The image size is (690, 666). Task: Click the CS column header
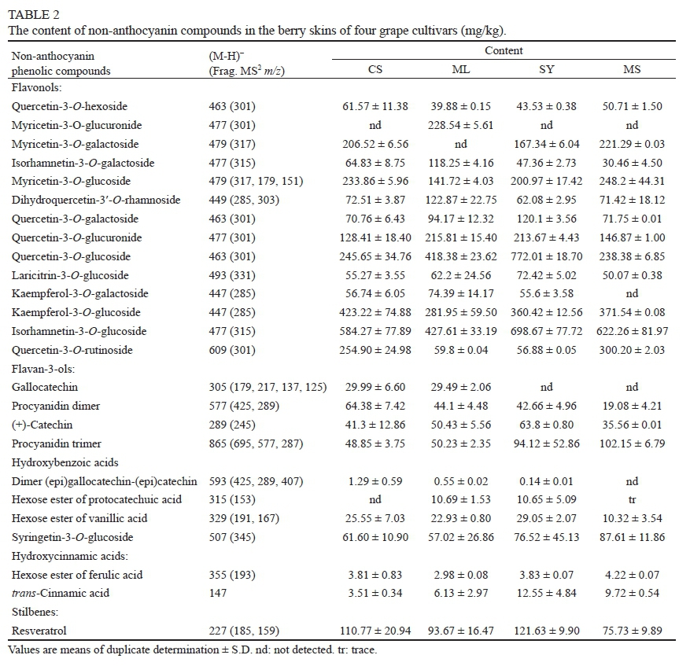(x=375, y=69)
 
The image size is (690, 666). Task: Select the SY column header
(x=547, y=69)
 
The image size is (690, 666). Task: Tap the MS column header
(x=631, y=69)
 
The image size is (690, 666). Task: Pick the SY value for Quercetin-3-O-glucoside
(x=547, y=256)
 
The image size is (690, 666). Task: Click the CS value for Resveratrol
(x=376, y=631)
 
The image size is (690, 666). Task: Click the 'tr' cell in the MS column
(x=631, y=500)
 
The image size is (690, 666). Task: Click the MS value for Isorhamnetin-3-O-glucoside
(x=631, y=331)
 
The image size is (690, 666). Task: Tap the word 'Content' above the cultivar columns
(x=504, y=51)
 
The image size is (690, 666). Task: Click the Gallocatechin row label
(x=45, y=388)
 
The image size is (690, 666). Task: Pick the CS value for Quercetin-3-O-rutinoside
(x=376, y=350)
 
